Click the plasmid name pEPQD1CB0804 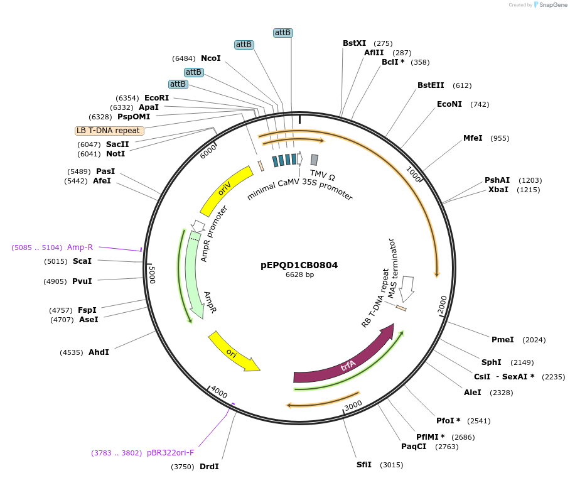pos(299,265)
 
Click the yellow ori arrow pos(233,351)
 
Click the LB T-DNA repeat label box pos(109,131)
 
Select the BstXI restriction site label pos(354,43)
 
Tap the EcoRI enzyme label pos(156,98)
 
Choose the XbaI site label pos(498,190)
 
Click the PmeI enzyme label pos(502,340)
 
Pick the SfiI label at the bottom pos(364,465)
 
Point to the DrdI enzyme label pos(209,467)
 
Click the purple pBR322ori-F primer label pos(170,452)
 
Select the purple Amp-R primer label pos(80,247)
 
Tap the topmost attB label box pos(283,32)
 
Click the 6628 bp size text pos(299,274)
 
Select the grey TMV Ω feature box pos(314,160)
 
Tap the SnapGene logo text pos(552,5)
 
